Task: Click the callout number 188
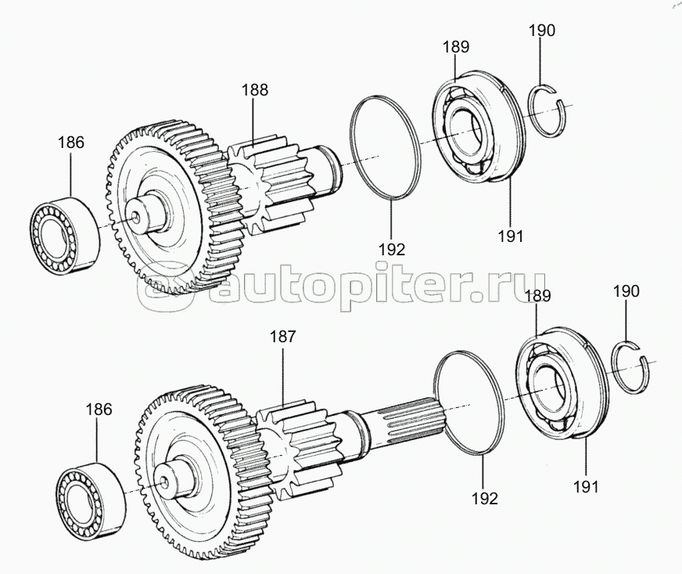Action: tap(255, 90)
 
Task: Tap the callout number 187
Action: tap(282, 337)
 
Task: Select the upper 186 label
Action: tap(71, 143)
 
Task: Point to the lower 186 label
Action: tap(99, 410)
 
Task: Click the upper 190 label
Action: tap(542, 31)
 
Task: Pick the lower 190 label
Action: tap(626, 291)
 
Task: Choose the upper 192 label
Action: tap(392, 250)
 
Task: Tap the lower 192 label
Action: tap(485, 499)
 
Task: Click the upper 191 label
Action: tap(511, 236)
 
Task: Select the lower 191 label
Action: tap(586, 487)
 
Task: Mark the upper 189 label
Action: tap(456, 47)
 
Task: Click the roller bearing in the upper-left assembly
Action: tap(64, 235)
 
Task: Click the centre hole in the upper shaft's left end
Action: tap(137, 216)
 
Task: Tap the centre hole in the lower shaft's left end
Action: tap(164, 481)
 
